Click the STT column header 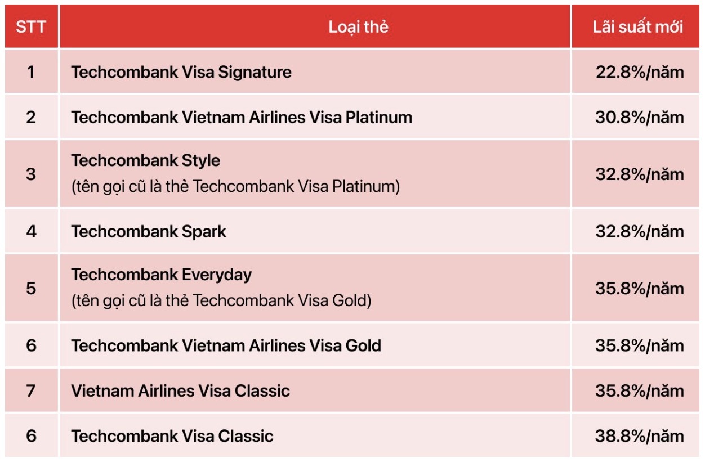point(31,27)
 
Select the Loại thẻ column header point(358,27)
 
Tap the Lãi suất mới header point(637,27)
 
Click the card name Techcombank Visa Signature point(181,72)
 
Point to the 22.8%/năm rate point(640,72)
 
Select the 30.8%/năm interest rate point(640,117)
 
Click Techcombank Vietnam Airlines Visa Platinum point(242,117)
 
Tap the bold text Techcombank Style point(145,161)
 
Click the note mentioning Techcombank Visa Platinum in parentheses point(235,186)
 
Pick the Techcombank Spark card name point(149,232)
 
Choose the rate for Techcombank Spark point(640,232)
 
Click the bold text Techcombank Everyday point(162,275)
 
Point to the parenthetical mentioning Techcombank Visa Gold point(221,300)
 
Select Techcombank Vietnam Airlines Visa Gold point(226,345)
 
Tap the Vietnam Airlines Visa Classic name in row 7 point(180,391)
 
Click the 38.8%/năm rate point(640,436)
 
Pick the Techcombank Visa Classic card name point(172,436)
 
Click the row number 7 point(31,391)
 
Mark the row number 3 point(31,174)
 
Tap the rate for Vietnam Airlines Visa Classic point(640,391)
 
